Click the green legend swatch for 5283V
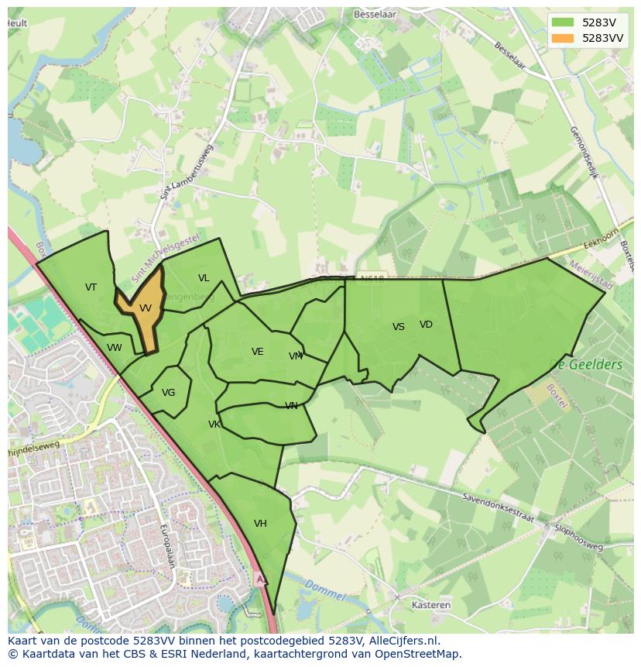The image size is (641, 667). [x=564, y=22]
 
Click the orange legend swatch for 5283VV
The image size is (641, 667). [x=564, y=38]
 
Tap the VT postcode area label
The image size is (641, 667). [x=91, y=287]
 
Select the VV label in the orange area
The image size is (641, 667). [x=146, y=308]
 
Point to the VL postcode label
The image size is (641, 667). [x=204, y=278]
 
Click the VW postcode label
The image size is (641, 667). [x=115, y=348]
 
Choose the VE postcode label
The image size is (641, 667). [x=258, y=352]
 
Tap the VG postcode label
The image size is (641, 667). [x=169, y=393]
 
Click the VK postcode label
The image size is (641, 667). [x=214, y=425]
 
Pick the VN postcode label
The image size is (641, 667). [x=291, y=406]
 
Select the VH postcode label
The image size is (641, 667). [x=260, y=524]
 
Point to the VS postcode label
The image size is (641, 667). [x=399, y=327]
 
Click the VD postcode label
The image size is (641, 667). [x=426, y=325]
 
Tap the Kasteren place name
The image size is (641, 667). [x=431, y=605]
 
